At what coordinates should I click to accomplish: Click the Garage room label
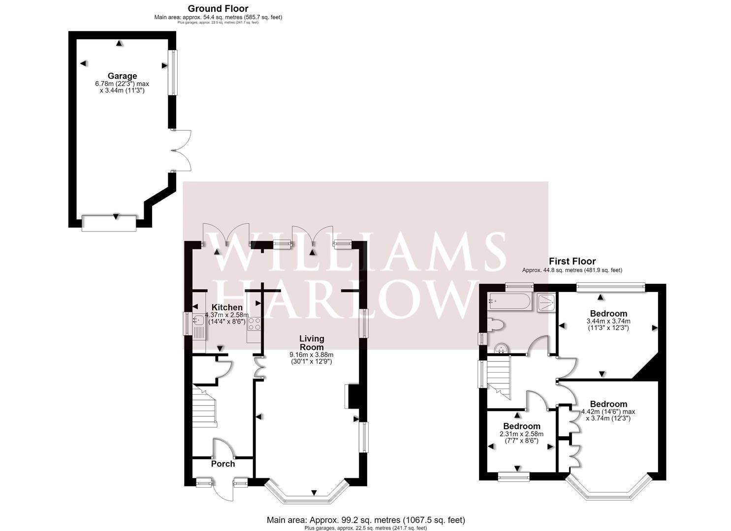tap(123, 76)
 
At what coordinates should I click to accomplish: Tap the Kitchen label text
tap(227, 307)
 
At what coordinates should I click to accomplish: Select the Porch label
tap(223, 464)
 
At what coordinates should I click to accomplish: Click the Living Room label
tap(312, 343)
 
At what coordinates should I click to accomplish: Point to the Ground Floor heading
tap(218, 8)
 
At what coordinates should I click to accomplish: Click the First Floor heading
tap(572, 262)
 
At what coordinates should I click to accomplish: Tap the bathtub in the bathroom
tap(509, 301)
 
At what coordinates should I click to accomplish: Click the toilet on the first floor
tap(496, 325)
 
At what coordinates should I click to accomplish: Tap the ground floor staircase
tap(204, 406)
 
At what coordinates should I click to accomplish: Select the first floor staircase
tap(499, 378)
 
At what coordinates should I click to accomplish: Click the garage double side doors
tap(181, 150)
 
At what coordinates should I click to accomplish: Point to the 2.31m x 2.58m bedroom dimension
tap(521, 438)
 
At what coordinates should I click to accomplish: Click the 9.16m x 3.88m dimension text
tap(312, 358)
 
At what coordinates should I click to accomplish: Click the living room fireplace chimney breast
tap(353, 396)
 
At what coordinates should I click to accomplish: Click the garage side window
tap(173, 72)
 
